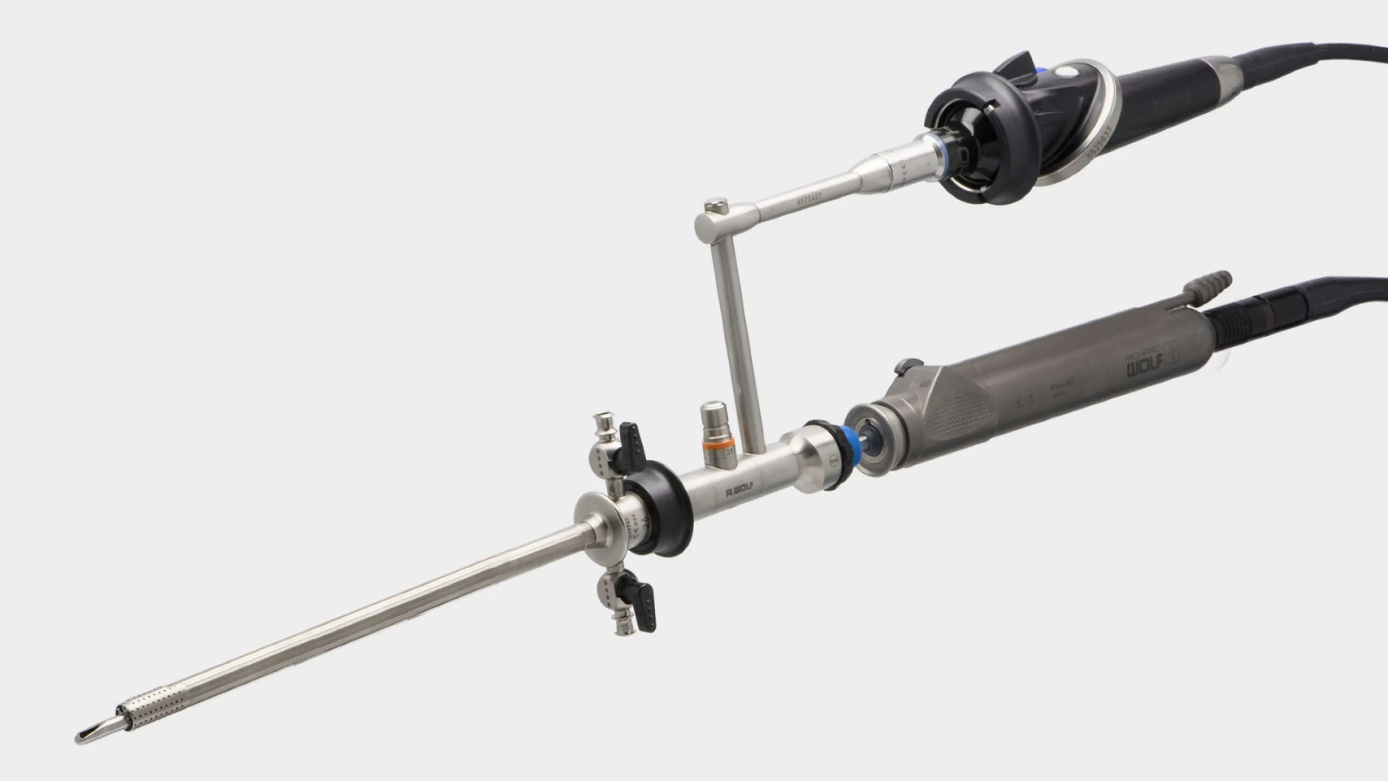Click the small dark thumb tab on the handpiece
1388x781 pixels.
(x=906, y=366)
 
